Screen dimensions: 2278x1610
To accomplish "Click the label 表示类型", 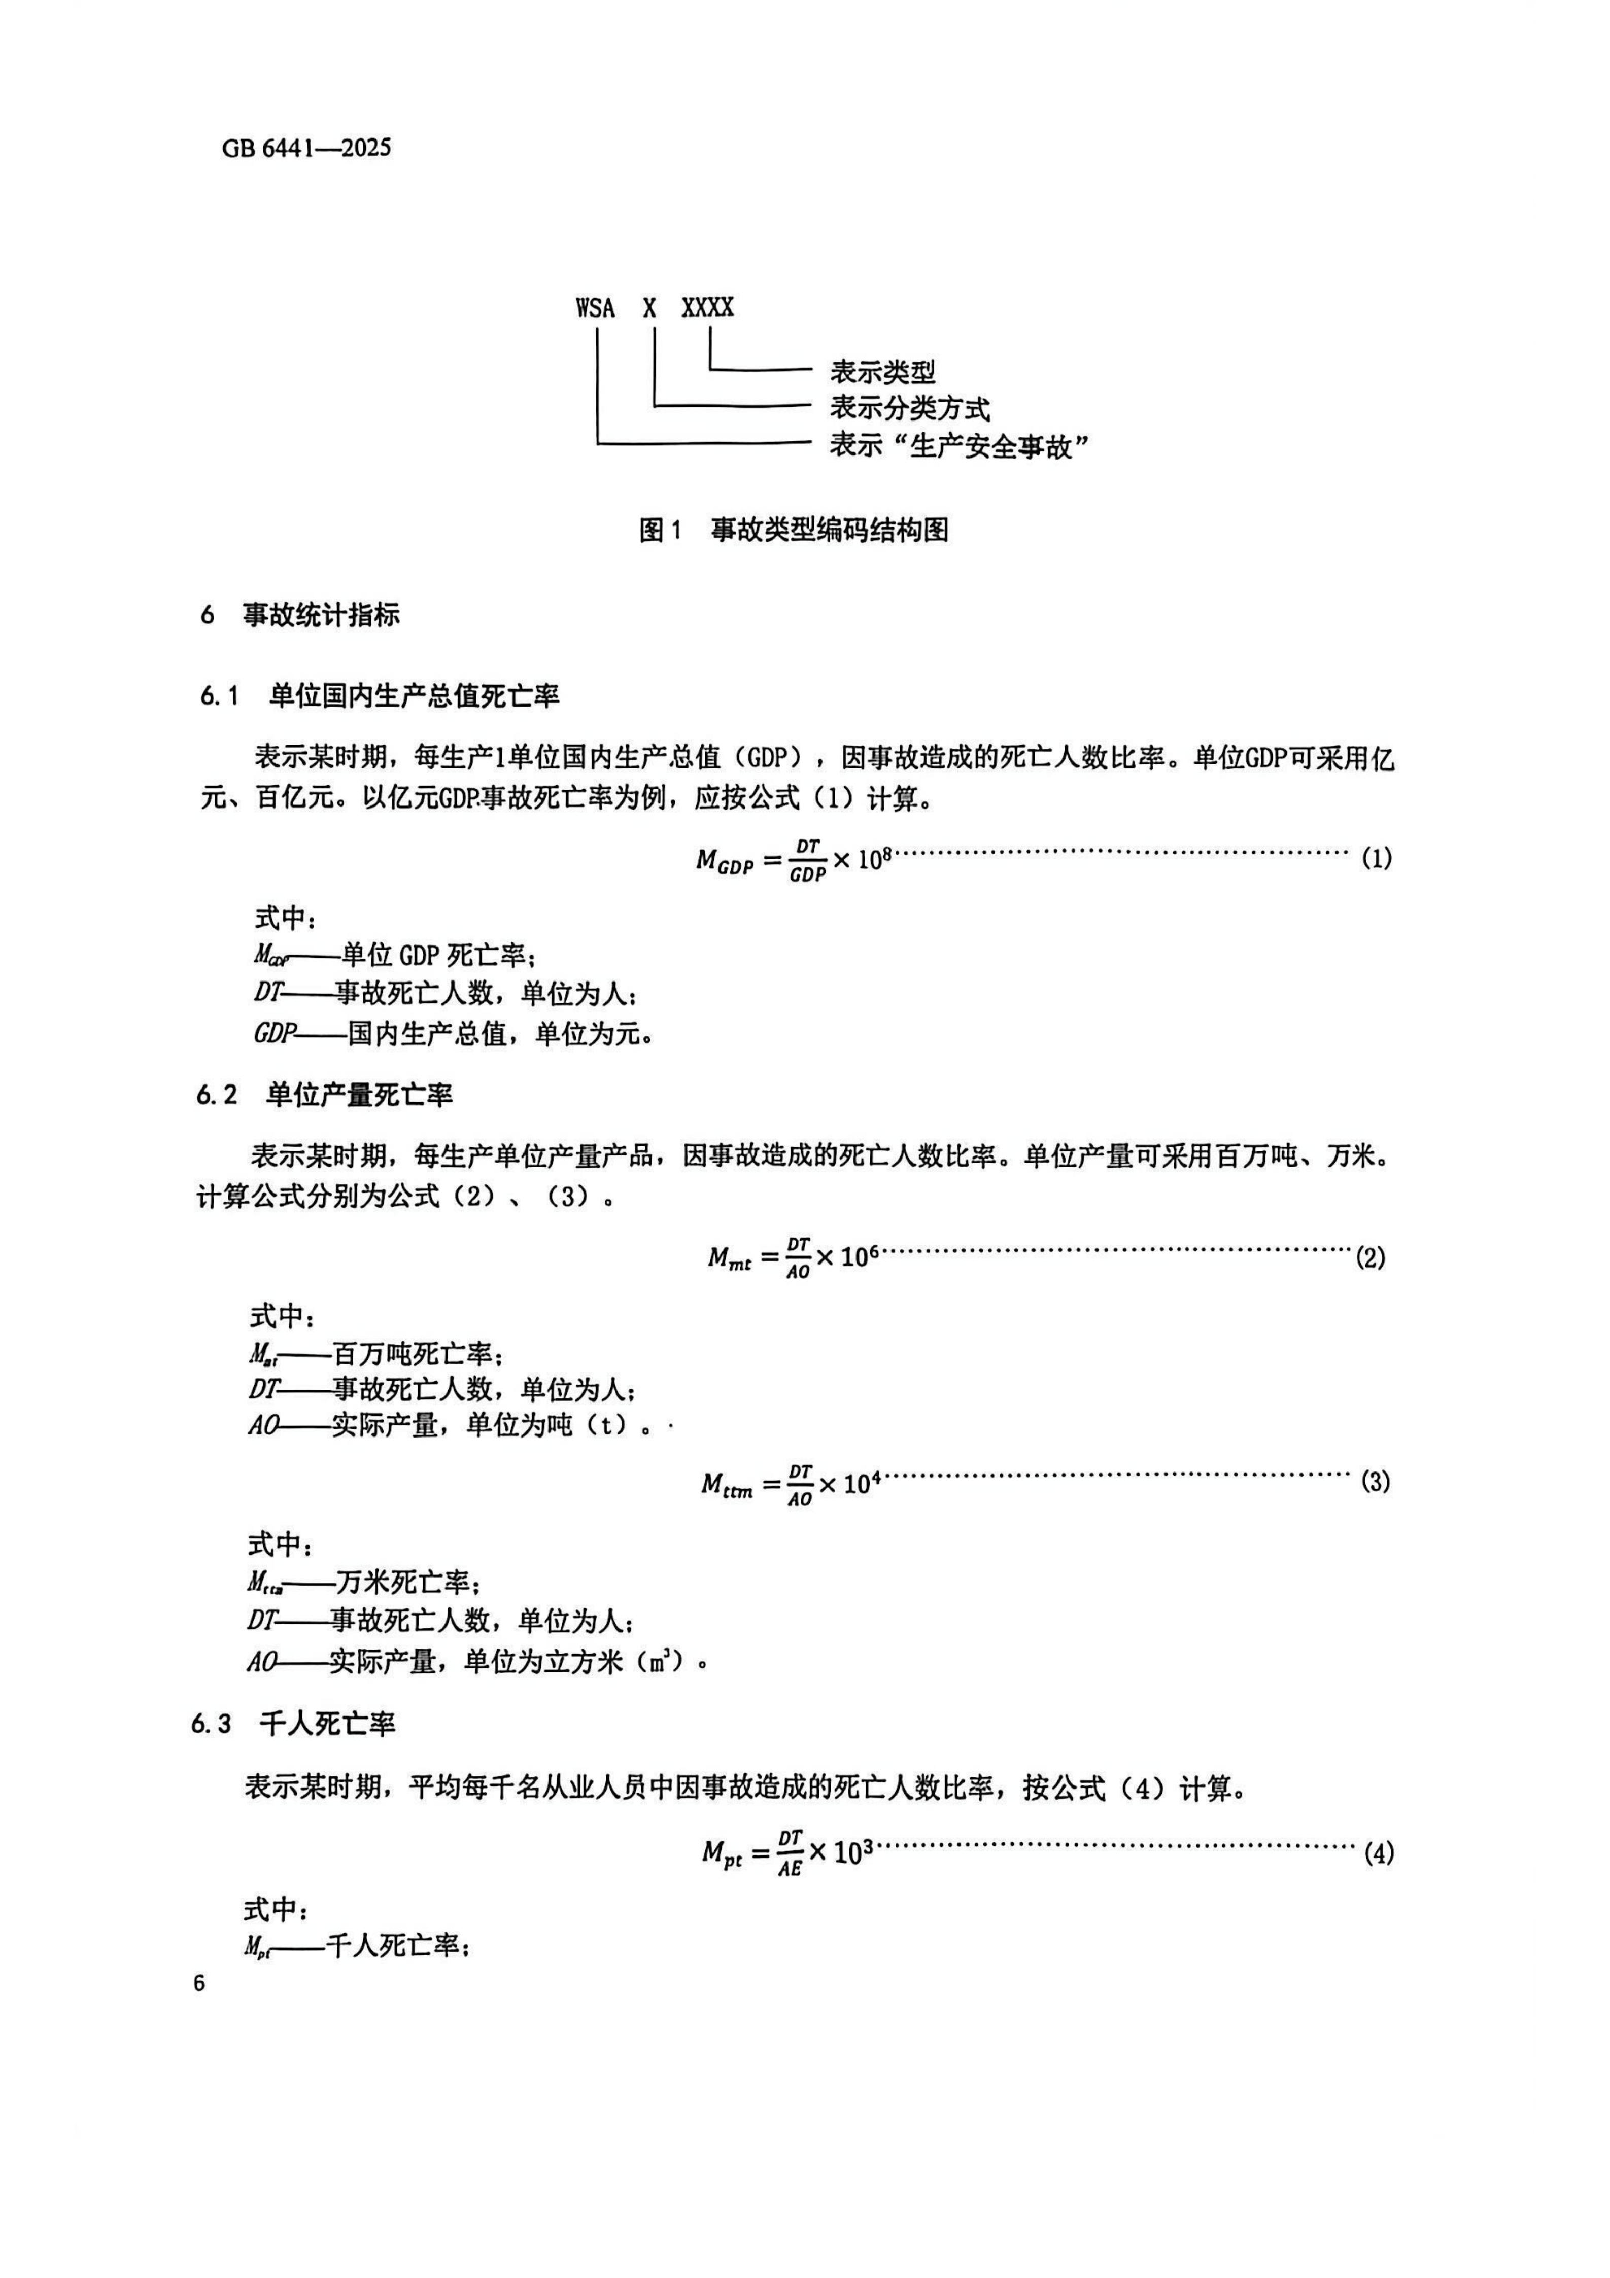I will pos(882,372).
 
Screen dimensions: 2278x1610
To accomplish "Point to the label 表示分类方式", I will pos(909,408).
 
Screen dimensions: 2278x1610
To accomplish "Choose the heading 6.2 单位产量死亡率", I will pos(325,1094).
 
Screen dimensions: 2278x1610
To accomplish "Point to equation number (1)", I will pos(1376,858).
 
